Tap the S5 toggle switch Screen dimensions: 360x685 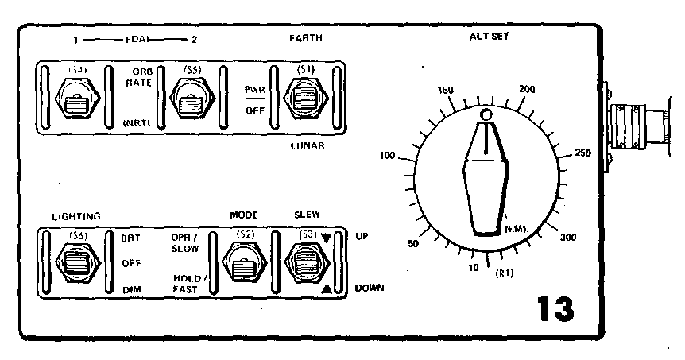pos(190,101)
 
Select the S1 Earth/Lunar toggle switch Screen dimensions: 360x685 pos(304,100)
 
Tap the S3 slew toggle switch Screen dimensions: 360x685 pos(306,261)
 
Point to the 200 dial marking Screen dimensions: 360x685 pos(525,89)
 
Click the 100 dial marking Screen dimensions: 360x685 pos(388,156)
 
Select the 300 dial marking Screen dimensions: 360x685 pos(568,238)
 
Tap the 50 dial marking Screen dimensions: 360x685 pos(412,243)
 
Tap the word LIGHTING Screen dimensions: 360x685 pos(76,216)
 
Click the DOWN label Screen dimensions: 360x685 pos(370,288)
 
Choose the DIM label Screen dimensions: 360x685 pos(131,291)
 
